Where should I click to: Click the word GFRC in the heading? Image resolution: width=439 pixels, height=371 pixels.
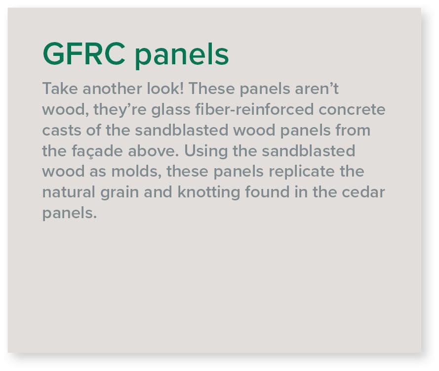(x=84, y=54)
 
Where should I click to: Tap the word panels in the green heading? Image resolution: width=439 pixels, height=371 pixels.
(x=182, y=55)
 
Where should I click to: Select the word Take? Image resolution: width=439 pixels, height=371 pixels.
(x=60, y=89)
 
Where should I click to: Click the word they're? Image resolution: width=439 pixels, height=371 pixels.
(x=120, y=110)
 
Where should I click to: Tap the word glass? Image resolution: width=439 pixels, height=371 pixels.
(x=171, y=110)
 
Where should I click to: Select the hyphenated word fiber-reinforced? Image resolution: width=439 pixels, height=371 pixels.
(x=254, y=109)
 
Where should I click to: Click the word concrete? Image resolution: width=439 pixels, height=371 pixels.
(x=352, y=110)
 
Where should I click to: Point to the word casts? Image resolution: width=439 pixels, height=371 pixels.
(x=62, y=131)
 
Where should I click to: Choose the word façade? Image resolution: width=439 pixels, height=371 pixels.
(x=97, y=151)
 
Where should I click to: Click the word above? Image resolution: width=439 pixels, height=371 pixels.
(x=153, y=151)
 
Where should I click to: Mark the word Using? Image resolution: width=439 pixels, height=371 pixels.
(x=206, y=151)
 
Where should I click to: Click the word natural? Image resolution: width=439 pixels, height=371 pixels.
(x=69, y=192)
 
